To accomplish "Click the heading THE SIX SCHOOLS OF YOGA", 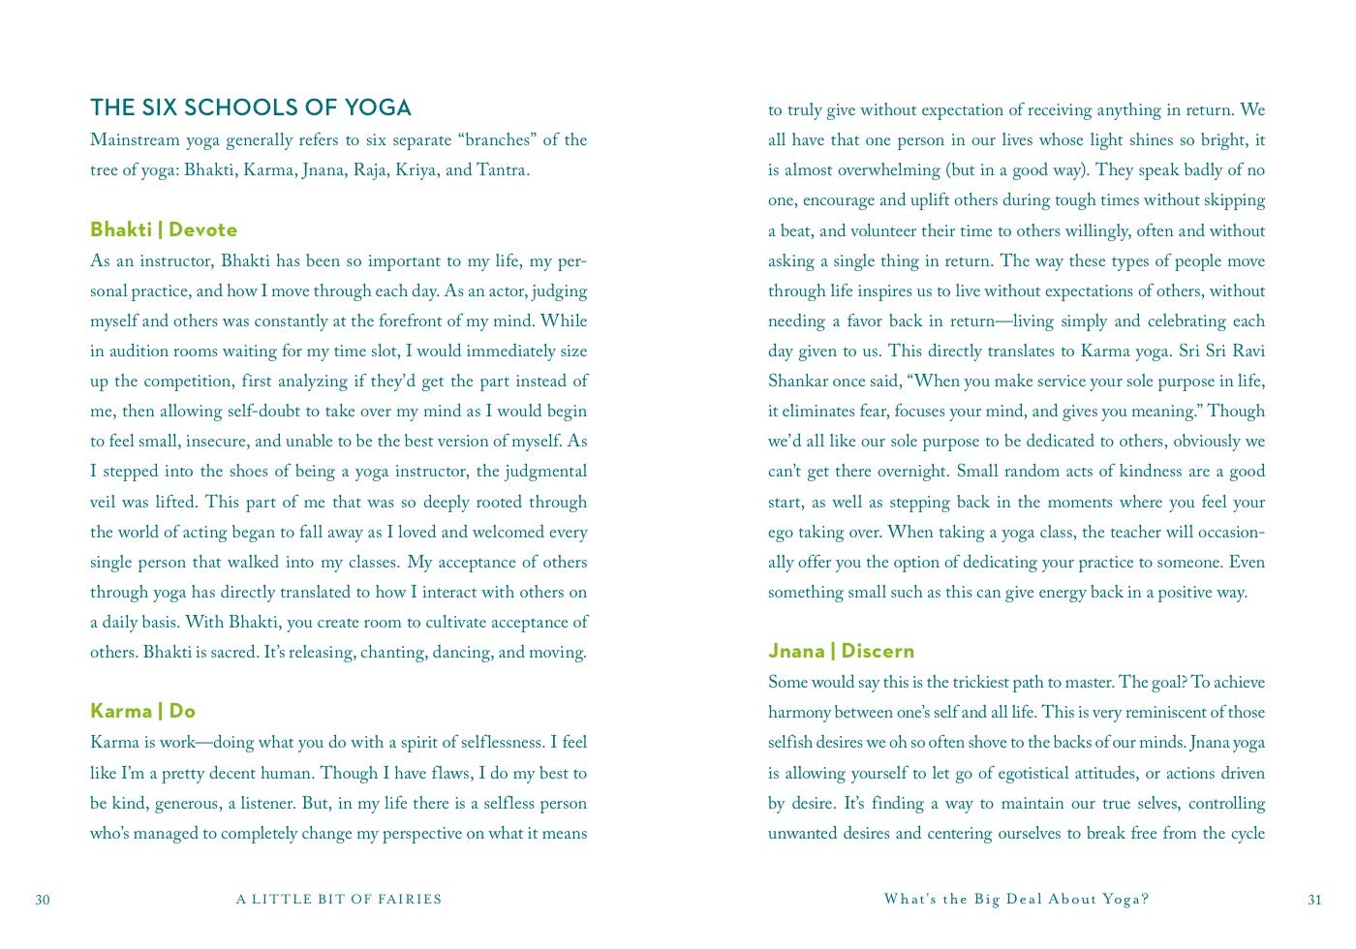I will click(250, 107).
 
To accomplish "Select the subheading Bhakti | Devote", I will click(164, 230).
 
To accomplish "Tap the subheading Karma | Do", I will click(142, 711).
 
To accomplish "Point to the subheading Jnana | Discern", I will click(841, 651).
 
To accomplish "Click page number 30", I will click(43, 900).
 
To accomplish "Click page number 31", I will click(1314, 900).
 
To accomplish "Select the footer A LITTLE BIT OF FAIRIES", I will click(339, 900).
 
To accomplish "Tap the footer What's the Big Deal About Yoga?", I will click(1016, 900).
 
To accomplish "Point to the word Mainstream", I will click(134, 140).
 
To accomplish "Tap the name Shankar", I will click(800, 382).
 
